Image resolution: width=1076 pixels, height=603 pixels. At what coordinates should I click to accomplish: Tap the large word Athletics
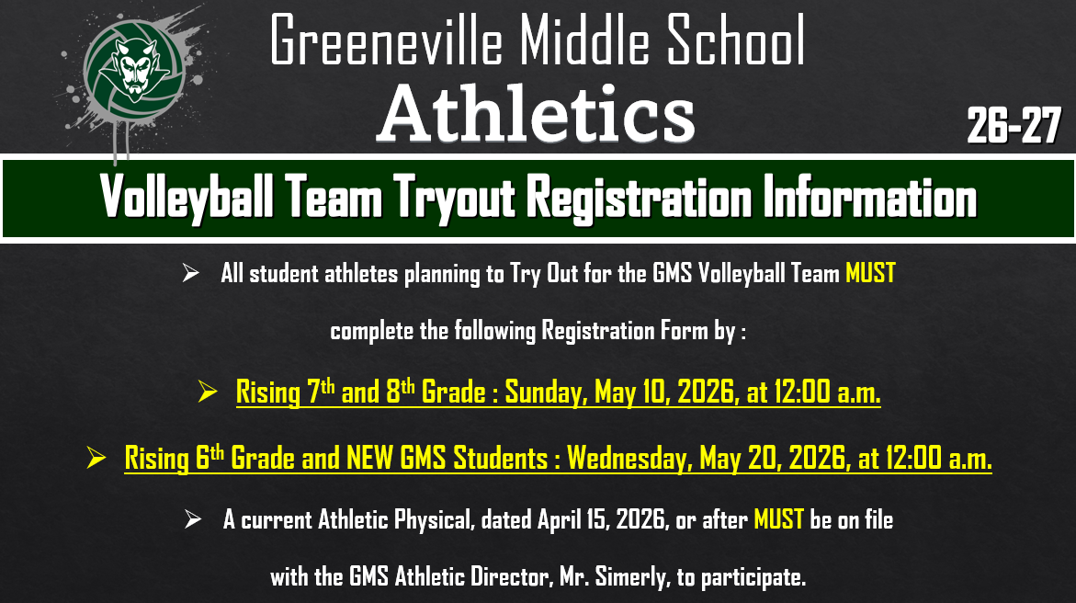tap(536, 114)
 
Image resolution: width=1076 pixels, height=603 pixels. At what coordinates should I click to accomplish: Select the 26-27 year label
tap(1014, 126)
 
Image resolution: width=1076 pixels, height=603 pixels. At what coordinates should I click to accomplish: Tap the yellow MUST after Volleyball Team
tap(869, 274)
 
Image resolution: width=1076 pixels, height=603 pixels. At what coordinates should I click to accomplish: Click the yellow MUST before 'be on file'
tap(778, 519)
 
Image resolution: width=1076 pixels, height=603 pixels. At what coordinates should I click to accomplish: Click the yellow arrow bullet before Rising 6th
tap(96, 458)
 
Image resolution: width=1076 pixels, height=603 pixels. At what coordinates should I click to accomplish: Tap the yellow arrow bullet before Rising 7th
tap(208, 394)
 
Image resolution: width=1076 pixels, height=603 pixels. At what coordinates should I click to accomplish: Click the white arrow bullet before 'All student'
tap(191, 274)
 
